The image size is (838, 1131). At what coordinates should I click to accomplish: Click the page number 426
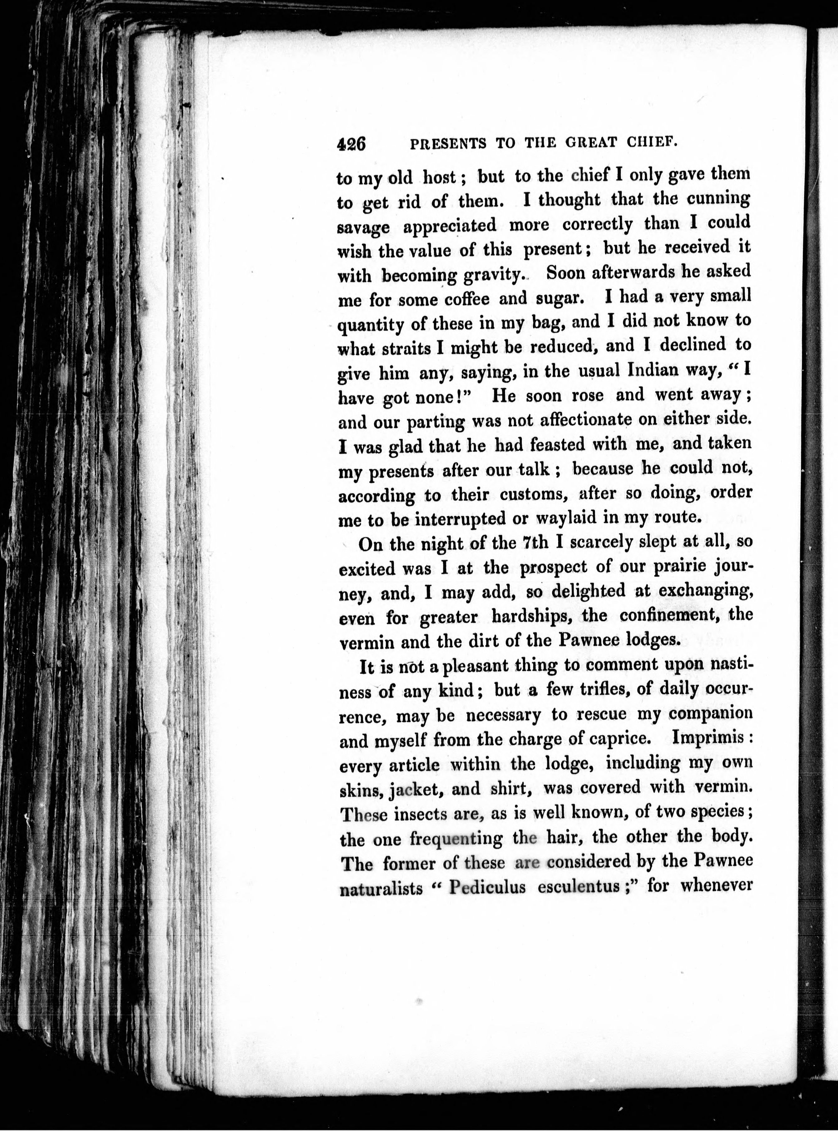pyautogui.click(x=351, y=144)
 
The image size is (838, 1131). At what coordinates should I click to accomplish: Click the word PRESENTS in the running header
pyautogui.click(x=447, y=144)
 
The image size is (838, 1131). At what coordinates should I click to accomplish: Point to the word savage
pyautogui.click(x=363, y=227)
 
